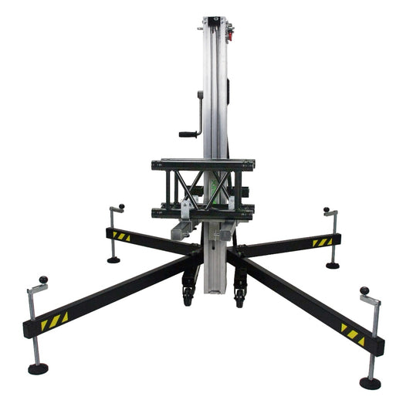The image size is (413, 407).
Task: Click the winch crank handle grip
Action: tap(188, 134)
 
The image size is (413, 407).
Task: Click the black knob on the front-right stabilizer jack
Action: tap(364, 290)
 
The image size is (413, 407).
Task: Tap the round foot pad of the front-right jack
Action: tap(370, 383)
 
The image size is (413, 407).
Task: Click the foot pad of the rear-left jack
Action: tap(113, 259)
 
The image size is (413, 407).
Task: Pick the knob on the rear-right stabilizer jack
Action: tap(326, 209)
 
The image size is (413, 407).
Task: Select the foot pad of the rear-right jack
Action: tap(333, 265)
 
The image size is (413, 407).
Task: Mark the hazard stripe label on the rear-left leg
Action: tap(121, 235)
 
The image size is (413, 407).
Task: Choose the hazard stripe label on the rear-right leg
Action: tap(322, 242)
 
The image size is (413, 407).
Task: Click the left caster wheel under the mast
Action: tap(188, 297)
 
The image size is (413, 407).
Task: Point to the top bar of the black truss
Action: tap(204, 164)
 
